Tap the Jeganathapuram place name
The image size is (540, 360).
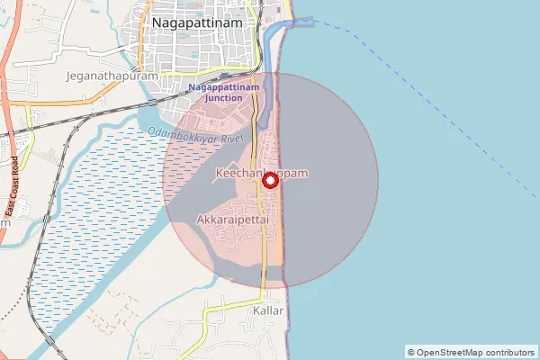112,76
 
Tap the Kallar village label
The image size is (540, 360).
269,310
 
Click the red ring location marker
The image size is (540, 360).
269,180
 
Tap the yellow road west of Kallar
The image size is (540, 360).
220,310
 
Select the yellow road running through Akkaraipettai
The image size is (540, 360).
263,234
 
